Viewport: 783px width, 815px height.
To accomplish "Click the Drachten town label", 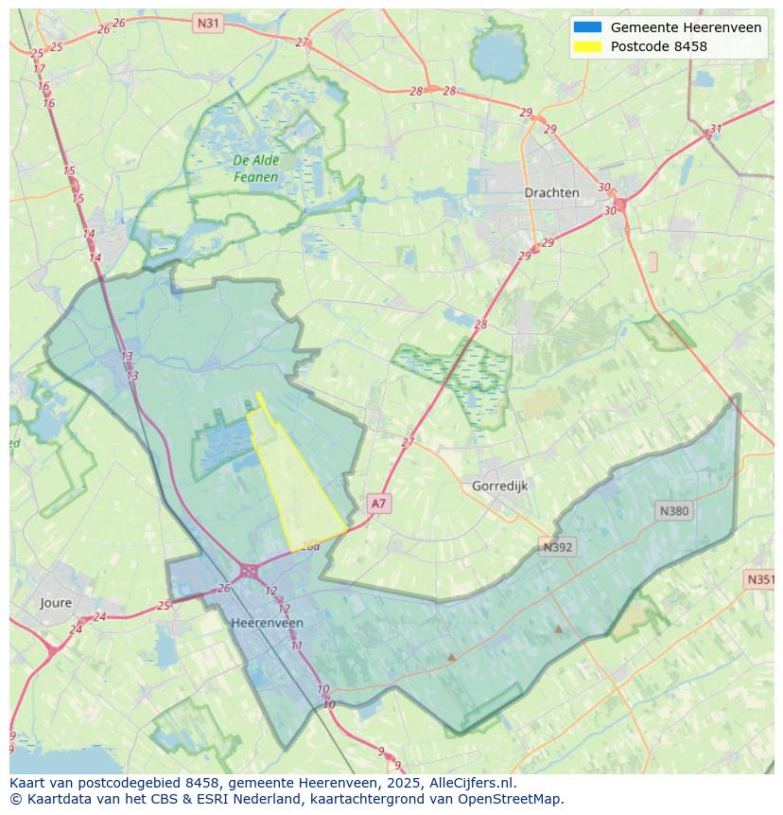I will pyautogui.click(x=551, y=192).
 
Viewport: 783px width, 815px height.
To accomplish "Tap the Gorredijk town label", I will pyautogui.click(x=499, y=486).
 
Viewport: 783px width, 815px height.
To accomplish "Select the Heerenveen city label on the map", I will pyautogui.click(x=267, y=623).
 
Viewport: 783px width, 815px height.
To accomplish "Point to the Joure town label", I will pyautogui.click(x=56, y=602).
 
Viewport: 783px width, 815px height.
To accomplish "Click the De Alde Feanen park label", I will pyautogui.click(x=256, y=168).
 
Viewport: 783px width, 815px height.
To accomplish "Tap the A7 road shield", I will pyautogui.click(x=378, y=504).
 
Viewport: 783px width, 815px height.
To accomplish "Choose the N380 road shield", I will pyautogui.click(x=673, y=510).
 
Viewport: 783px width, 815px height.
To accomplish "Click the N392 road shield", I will pyautogui.click(x=558, y=546).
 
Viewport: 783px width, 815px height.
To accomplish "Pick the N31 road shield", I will pyautogui.click(x=208, y=22).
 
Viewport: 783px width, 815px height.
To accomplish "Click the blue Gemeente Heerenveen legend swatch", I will pyautogui.click(x=586, y=27).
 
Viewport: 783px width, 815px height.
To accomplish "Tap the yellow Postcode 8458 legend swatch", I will pyautogui.click(x=586, y=46).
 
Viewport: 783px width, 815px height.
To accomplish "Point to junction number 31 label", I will pyautogui.click(x=716, y=130).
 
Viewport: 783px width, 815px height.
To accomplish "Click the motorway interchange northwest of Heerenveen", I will pyautogui.click(x=249, y=571).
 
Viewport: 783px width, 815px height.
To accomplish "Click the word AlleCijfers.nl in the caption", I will pyautogui.click(x=472, y=783).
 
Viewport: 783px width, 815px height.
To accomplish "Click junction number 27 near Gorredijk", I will pyautogui.click(x=408, y=442).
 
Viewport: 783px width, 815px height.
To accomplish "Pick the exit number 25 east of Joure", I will pyautogui.click(x=164, y=606).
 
